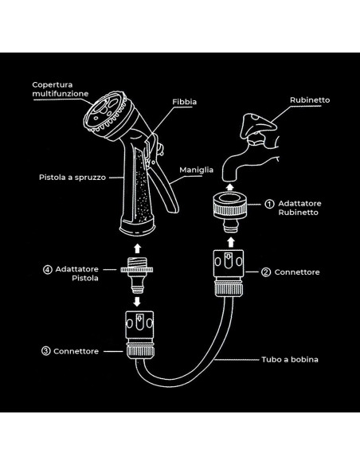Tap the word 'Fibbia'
(185, 102)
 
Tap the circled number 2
(265, 272)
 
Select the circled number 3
(47, 351)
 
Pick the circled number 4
(48, 269)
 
